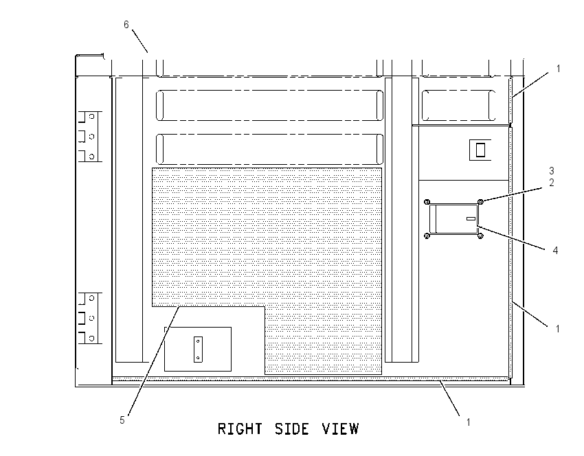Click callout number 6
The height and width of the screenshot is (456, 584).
pos(126,25)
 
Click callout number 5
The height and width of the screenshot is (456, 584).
pos(122,420)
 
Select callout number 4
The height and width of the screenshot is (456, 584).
pos(555,251)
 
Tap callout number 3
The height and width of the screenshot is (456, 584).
pos(552,171)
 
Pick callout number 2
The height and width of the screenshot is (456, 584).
pos(552,183)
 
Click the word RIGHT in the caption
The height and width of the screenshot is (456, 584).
pos(240,429)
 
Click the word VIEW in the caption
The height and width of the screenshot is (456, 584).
pos(340,429)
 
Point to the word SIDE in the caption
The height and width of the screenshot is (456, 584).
pos(292,429)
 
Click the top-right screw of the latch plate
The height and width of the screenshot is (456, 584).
pos(480,202)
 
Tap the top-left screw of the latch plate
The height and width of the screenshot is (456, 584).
pos(427,202)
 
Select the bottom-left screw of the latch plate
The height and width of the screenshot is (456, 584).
pos(427,236)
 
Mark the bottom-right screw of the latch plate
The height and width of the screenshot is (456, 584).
pos(480,236)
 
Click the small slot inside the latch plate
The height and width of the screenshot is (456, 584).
pos(471,218)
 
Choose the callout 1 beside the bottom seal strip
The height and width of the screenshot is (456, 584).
pos(468,422)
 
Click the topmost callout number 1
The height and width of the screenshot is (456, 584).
pos(558,69)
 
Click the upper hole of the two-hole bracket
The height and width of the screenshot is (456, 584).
pos(198,341)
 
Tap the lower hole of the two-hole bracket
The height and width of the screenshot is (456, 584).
pos(198,358)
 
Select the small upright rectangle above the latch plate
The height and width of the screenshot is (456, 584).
pos(480,150)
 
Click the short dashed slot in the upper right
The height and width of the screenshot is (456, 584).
pos(458,105)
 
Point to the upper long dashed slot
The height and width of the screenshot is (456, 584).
pos(269,105)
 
